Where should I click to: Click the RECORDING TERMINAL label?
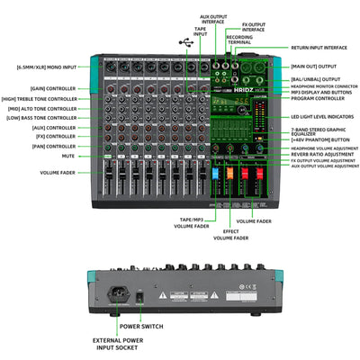point(239,40)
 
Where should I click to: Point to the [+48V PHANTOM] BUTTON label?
point(320,139)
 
